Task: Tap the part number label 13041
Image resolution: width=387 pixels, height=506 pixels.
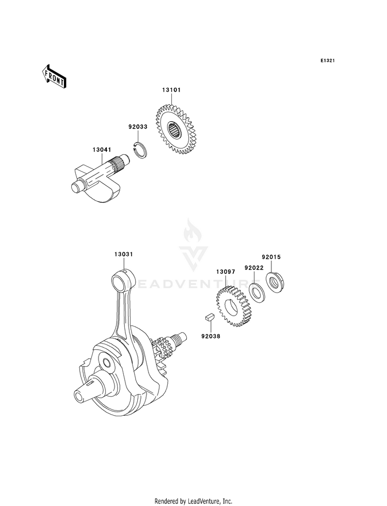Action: pyautogui.click(x=101, y=150)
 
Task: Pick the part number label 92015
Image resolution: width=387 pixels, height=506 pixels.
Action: pyautogui.click(x=271, y=257)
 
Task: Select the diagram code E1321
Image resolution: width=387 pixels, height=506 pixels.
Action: pyautogui.click(x=328, y=61)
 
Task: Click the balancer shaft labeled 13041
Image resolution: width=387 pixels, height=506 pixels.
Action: pyautogui.click(x=98, y=178)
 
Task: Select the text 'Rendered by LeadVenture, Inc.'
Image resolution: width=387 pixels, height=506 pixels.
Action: pyautogui.click(x=193, y=501)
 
